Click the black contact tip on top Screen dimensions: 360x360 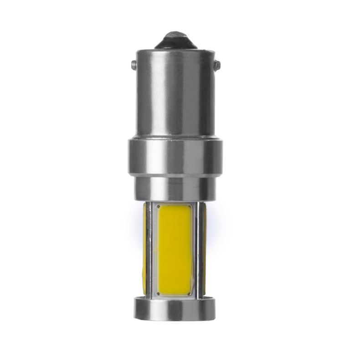point(175,40)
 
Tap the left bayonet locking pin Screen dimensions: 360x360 point(133,65)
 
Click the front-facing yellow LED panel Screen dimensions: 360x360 point(174,248)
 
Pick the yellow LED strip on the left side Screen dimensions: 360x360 point(145,248)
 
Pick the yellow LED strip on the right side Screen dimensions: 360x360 point(205,248)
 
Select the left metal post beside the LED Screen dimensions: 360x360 point(150,248)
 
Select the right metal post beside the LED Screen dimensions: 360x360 point(198,248)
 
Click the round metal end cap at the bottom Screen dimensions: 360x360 point(175,308)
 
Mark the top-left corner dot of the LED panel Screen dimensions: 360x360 point(158,207)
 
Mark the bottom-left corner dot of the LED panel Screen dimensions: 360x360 point(158,292)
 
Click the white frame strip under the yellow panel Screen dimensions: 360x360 point(174,295)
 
